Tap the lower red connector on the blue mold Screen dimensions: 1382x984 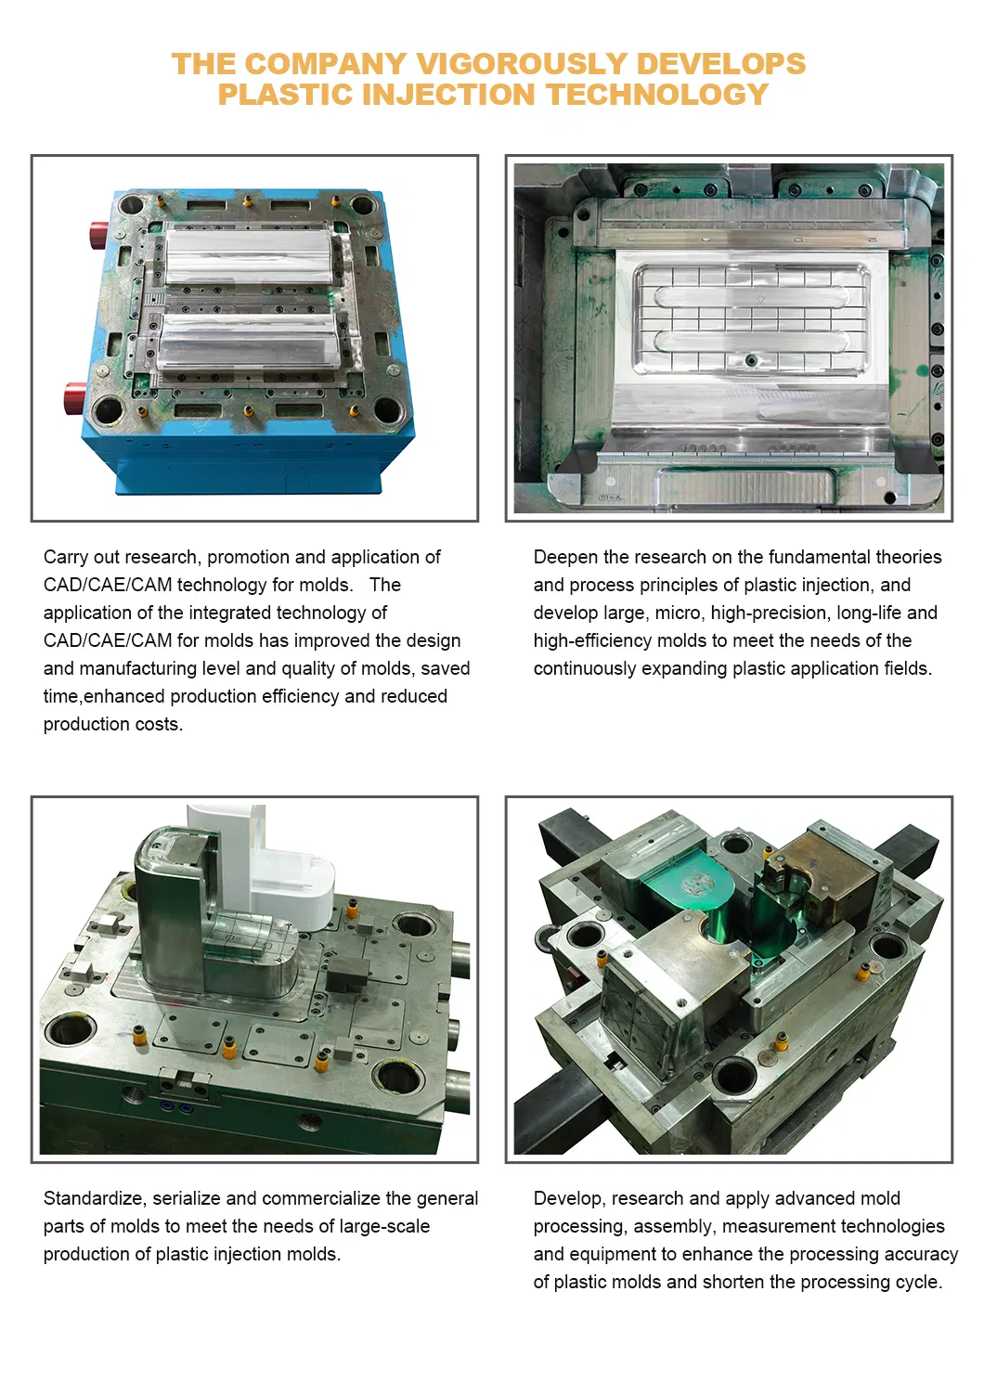tap(74, 398)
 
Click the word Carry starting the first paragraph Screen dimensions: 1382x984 tap(66, 557)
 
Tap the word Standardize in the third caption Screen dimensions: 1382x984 tap(95, 1198)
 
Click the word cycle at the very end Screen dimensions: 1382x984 tap(920, 1282)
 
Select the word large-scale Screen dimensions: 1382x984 tap(384, 1226)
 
